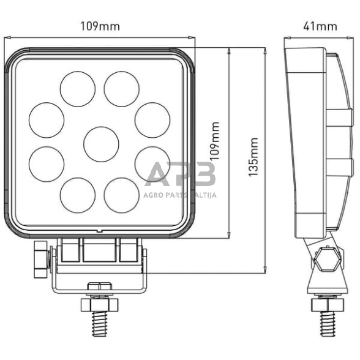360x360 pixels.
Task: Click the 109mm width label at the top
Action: tap(100, 26)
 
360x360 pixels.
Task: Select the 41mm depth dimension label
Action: tap(320, 26)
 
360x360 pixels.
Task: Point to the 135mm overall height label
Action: tap(253, 157)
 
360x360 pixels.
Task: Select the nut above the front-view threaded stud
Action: tap(99, 303)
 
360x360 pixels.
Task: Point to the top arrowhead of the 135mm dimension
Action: tap(264, 51)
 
